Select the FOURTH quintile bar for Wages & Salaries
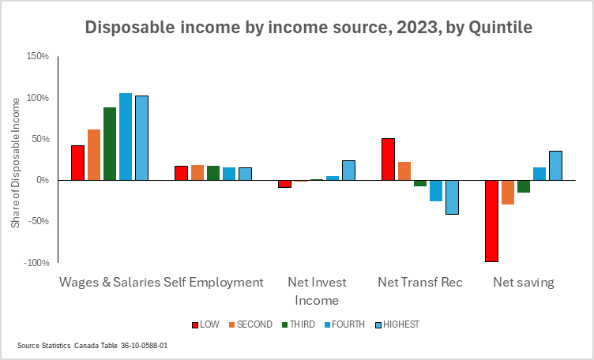tap(126, 137)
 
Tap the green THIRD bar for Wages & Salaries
tap(110, 144)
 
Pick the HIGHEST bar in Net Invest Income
tap(348, 171)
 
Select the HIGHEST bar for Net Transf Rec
tap(452, 197)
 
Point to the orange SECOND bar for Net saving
tap(508, 192)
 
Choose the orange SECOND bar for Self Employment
tap(197, 172)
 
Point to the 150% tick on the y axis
tap(38, 57)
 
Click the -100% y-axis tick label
tap(36, 262)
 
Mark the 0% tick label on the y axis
tap(42, 180)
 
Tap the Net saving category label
tap(524, 282)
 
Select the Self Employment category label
tap(213, 282)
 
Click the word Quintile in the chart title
tap(500, 28)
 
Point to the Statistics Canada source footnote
tap(92, 346)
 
